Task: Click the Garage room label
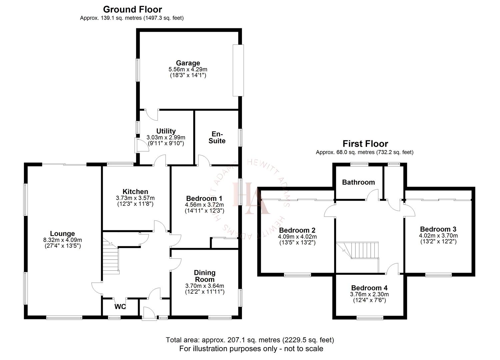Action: (x=188, y=63)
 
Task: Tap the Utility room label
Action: (x=166, y=131)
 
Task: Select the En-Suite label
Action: (x=217, y=137)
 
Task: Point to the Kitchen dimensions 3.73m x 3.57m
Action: (x=135, y=198)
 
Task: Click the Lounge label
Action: (x=63, y=233)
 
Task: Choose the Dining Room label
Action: (x=205, y=276)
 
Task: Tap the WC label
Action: (x=120, y=307)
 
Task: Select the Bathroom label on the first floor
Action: (x=358, y=182)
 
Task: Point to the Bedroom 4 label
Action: (x=369, y=288)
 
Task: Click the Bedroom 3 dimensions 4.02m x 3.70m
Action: (x=438, y=236)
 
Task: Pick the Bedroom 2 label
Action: (x=297, y=230)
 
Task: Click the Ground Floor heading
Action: (x=132, y=9)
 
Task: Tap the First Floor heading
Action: (x=365, y=144)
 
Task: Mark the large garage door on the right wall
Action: (x=238, y=70)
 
